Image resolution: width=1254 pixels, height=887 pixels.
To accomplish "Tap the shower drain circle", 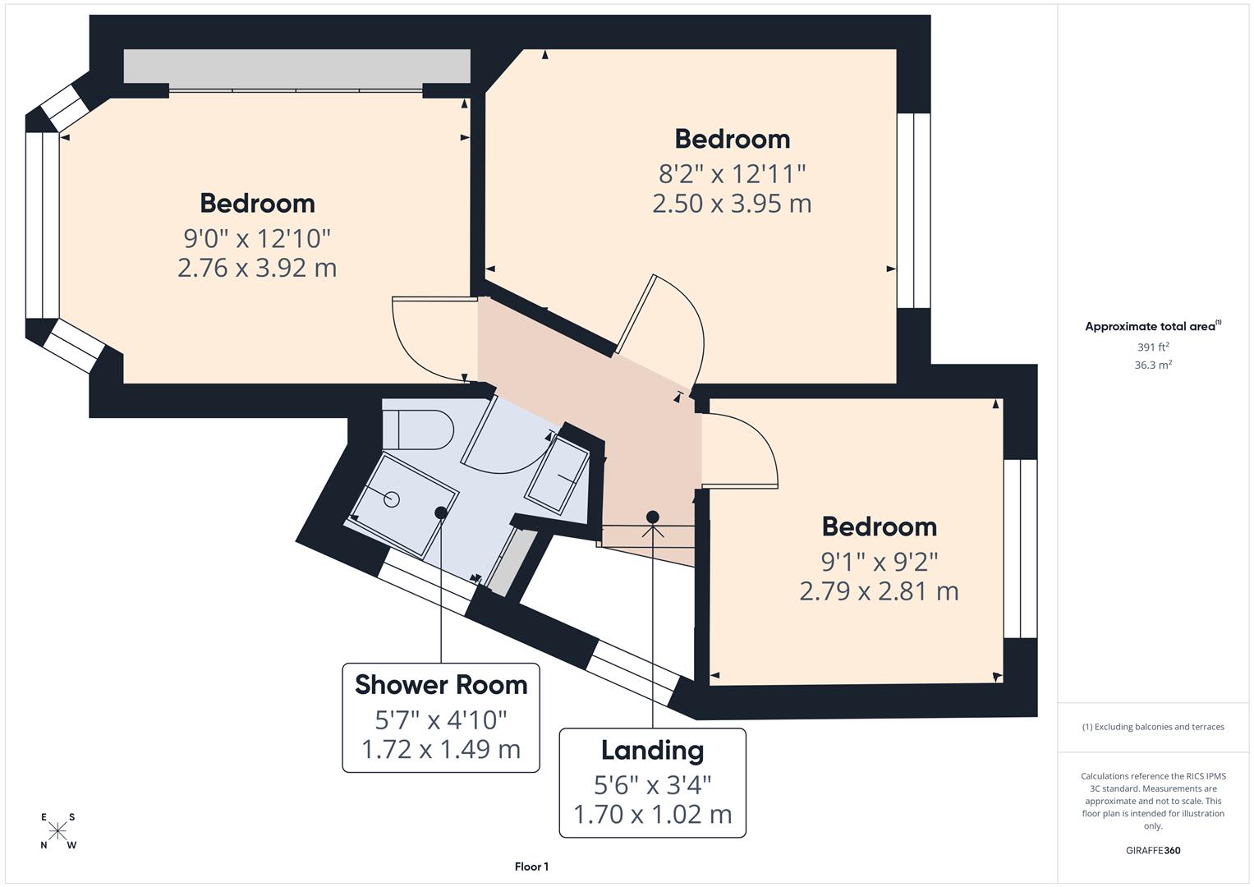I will pos(392,499).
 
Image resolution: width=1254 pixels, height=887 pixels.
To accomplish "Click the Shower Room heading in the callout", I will pos(441,685).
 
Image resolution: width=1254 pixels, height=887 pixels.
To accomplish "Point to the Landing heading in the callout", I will pos(652,751).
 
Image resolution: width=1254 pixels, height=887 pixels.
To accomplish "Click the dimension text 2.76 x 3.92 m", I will pos(257,269).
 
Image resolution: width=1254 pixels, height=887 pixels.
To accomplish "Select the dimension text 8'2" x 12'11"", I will pos(732,174).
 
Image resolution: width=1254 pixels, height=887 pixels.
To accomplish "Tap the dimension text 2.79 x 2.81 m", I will pos(879,591).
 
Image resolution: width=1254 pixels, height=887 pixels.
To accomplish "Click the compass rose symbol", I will pos(57,831).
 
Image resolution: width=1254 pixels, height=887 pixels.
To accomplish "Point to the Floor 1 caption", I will pos(531,866).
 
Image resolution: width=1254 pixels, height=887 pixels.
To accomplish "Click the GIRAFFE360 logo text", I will pos(1152,850).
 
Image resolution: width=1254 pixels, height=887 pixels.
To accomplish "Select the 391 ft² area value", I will pos(1152,347).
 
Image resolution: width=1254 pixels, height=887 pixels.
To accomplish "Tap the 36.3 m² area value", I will pos(1152,365).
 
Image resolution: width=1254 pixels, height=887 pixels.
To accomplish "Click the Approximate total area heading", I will pos(1152,327).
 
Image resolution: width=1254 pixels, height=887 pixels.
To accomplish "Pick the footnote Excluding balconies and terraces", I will pos(1152,727).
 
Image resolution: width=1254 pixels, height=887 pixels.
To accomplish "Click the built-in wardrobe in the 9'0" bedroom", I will pos(296,67).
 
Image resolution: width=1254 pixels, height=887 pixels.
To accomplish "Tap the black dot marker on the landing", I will pos(653,517).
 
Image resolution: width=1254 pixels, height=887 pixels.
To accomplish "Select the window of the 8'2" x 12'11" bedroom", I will pos(913,210).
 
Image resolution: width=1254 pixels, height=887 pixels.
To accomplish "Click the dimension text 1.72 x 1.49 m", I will pos(441,749).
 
